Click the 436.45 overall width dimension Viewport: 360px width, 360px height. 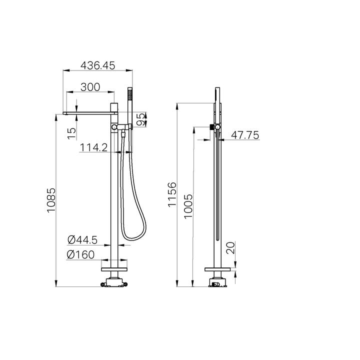(x=98, y=65)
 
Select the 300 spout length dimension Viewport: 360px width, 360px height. (x=90, y=86)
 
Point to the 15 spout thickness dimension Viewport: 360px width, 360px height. (x=72, y=132)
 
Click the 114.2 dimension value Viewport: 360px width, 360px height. (x=94, y=147)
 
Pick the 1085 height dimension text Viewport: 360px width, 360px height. (x=51, y=200)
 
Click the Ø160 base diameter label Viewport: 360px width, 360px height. (x=80, y=254)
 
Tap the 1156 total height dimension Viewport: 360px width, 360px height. (x=172, y=195)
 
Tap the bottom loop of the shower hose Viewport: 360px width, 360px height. (x=130, y=237)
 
